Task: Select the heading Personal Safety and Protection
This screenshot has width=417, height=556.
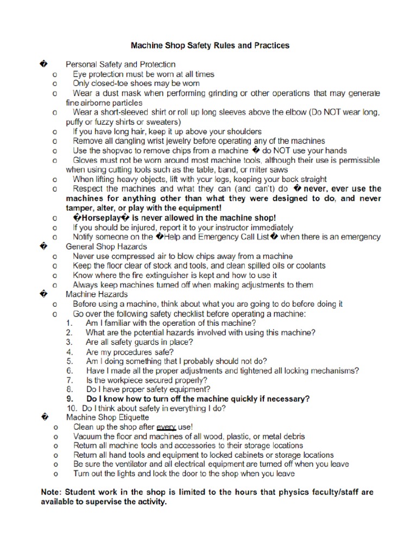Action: click(121, 64)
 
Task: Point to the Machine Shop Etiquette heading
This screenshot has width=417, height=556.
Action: click(108, 418)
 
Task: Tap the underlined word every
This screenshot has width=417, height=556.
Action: click(167, 427)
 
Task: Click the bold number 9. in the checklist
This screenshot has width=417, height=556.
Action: click(69, 399)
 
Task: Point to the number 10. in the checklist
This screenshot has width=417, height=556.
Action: click(72, 408)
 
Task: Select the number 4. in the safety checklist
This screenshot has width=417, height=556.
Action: click(69, 352)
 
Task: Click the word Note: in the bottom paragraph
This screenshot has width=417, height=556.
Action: click(52, 492)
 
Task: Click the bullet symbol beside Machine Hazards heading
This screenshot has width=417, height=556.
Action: click(43, 294)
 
